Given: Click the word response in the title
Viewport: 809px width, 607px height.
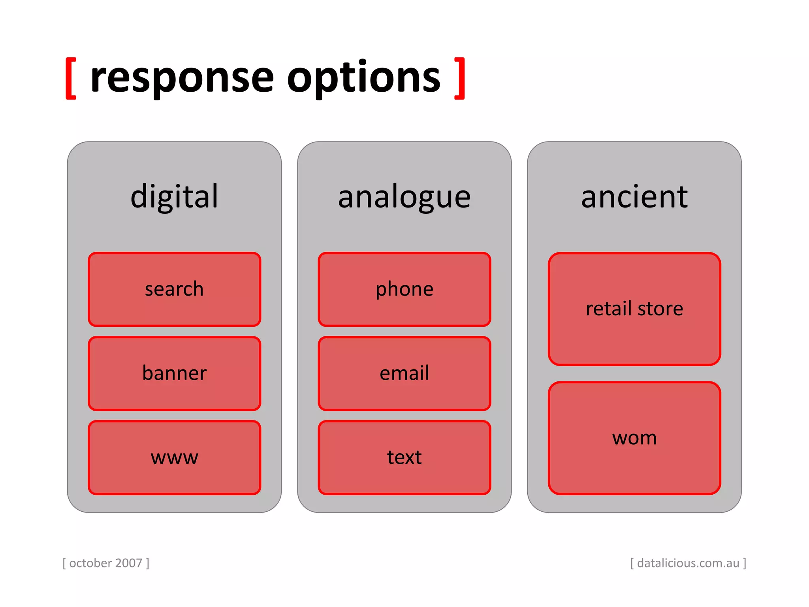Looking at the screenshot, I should pyautogui.click(x=182, y=78).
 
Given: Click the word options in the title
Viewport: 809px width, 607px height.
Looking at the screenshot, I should pyautogui.click(x=363, y=78).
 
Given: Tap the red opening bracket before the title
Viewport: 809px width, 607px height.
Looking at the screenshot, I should pyautogui.click(x=71, y=78).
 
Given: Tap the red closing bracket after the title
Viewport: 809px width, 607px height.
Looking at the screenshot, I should pyautogui.click(x=460, y=78).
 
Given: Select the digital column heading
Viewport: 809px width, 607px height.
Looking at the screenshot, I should pyautogui.click(x=174, y=196).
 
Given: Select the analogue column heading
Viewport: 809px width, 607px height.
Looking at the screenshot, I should pyautogui.click(x=404, y=196).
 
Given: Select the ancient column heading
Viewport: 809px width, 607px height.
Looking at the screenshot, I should pyautogui.click(x=634, y=196).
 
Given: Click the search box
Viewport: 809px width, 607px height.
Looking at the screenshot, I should pyautogui.click(x=174, y=289).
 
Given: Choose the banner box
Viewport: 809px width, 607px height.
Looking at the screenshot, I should pyautogui.click(x=174, y=373).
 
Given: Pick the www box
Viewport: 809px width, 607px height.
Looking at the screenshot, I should pyautogui.click(x=174, y=458).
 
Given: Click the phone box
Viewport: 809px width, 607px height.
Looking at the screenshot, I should pyautogui.click(x=404, y=289).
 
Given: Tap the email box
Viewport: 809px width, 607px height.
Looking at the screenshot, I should pyautogui.click(x=404, y=373).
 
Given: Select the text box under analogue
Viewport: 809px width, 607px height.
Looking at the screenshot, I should pyautogui.click(x=404, y=458).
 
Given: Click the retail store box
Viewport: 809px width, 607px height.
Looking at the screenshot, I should pyautogui.click(x=634, y=309).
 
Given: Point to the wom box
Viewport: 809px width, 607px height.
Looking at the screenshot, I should pyautogui.click(x=634, y=438).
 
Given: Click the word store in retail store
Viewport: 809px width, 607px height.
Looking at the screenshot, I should pyautogui.click(x=660, y=309).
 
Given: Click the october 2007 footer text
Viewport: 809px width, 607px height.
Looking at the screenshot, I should pyautogui.click(x=106, y=563).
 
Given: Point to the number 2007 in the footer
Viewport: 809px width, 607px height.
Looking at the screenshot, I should pyautogui.click(x=129, y=563).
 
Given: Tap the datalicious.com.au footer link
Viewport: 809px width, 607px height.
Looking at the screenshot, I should pyautogui.click(x=688, y=563).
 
